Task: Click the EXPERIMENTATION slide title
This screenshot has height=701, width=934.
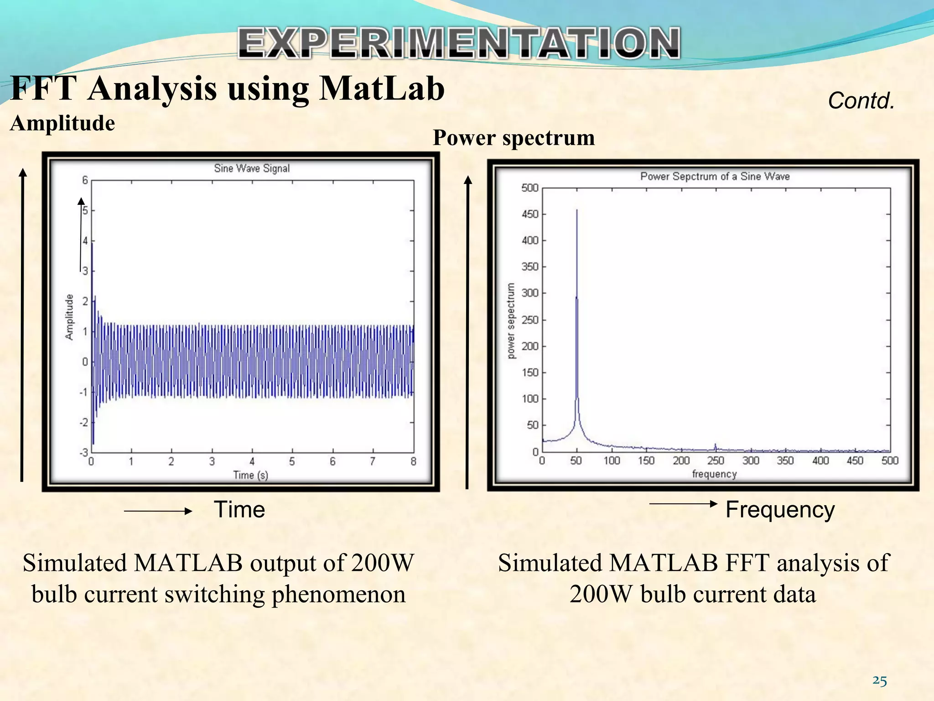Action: (x=459, y=43)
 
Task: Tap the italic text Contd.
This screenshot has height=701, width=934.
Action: (x=861, y=100)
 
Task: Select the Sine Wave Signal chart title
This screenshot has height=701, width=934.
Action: (x=252, y=168)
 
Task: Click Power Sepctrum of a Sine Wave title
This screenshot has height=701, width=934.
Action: (x=715, y=176)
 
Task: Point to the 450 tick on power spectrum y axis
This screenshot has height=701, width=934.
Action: (x=530, y=214)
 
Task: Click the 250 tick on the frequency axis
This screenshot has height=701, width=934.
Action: (x=716, y=460)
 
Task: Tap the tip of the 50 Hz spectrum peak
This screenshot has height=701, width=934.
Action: (x=577, y=211)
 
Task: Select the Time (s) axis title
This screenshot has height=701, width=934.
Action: (x=250, y=475)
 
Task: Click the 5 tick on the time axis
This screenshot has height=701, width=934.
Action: (x=292, y=462)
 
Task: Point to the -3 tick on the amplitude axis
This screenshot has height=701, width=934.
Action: (x=84, y=452)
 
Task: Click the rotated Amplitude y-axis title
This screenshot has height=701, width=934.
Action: (x=69, y=317)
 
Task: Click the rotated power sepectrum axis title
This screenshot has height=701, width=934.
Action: (x=511, y=320)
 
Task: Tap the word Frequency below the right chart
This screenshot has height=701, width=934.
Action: (x=780, y=509)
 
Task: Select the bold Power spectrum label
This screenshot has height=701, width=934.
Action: (x=514, y=137)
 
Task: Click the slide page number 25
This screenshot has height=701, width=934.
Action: (x=879, y=681)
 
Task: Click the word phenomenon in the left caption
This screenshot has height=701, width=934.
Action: (x=338, y=594)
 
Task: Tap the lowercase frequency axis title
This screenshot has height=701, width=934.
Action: (x=714, y=474)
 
